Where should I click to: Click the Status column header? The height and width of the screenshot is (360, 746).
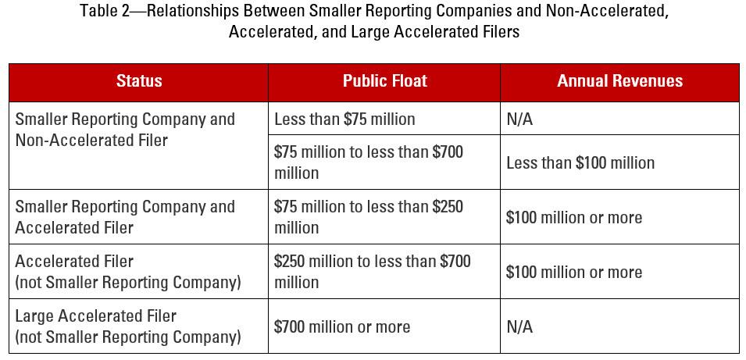pos(139,81)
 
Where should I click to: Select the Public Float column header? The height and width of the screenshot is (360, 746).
pos(384,81)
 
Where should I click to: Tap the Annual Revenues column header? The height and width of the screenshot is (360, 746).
pos(619,81)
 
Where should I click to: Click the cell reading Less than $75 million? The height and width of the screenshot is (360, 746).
pos(344,119)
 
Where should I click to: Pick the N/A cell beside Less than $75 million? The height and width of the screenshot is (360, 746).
pos(519,119)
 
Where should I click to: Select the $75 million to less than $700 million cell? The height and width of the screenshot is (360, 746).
pos(369,162)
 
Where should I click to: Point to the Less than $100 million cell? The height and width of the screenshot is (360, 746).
pos(580,162)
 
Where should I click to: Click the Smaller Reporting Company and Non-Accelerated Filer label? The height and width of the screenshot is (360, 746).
pos(125,130)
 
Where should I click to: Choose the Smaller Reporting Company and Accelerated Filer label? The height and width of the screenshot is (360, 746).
pos(125,217)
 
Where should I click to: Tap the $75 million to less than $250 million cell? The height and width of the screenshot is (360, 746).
pos(369,217)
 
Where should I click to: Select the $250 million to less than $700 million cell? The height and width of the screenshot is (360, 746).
pos(372,272)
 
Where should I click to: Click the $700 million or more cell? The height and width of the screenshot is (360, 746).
pos(342,326)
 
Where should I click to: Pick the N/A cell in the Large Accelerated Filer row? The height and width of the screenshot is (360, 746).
pos(519,326)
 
